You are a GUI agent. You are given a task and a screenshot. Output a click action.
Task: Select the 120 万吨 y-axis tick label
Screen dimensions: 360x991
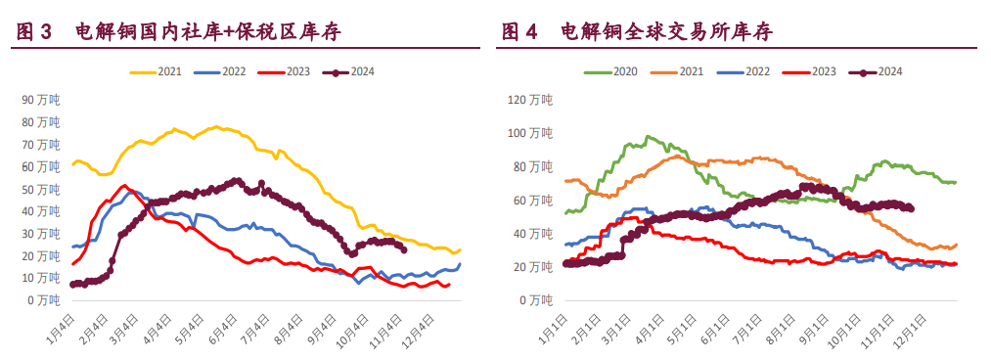(x=530, y=100)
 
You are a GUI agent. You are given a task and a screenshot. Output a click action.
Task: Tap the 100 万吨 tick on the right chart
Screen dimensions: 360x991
(x=530, y=133)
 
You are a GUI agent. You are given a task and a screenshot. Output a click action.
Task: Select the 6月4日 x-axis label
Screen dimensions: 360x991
(x=224, y=328)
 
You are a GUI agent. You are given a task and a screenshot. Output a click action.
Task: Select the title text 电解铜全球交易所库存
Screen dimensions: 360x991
(x=666, y=31)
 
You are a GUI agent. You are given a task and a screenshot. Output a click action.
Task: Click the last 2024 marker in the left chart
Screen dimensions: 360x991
(x=404, y=248)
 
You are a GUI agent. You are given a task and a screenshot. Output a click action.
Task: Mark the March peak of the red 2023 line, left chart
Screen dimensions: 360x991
(x=123, y=186)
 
